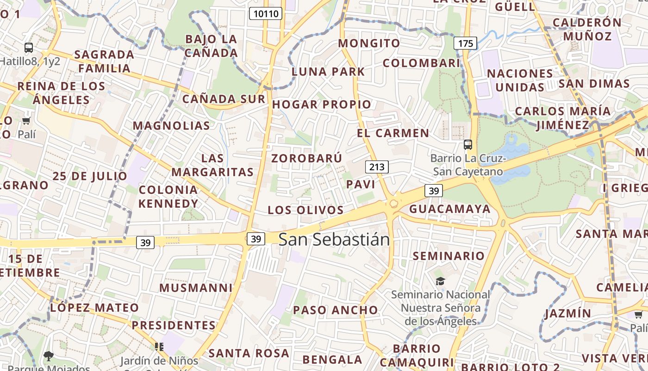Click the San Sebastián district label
[334, 239]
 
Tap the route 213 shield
[377, 167]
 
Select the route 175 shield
[465, 44]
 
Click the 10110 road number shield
[266, 13]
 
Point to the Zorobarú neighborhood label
[307, 158]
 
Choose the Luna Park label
[328, 71]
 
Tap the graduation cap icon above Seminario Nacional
[440, 281]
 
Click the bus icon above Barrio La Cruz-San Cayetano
[468, 145]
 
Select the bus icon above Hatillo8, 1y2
[29, 47]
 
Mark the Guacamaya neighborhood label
[450, 209]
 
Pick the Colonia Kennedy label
[168, 197]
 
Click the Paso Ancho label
[336, 310]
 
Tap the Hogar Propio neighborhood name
[322, 104]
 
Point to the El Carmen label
[393, 133]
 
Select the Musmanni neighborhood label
[196, 288]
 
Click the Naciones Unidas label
[520, 80]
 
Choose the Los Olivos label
[305, 210]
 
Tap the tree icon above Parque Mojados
[48, 356]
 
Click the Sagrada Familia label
[104, 61]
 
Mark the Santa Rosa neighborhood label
[249, 353]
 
